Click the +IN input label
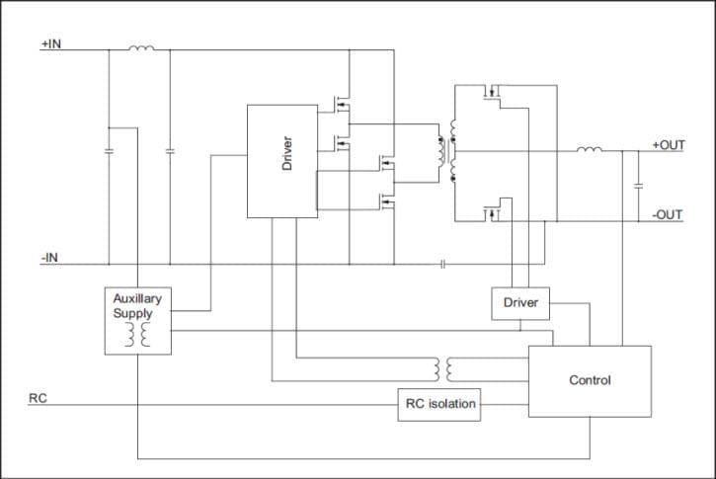(x=51, y=44)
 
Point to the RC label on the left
(x=37, y=399)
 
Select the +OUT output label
(x=668, y=145)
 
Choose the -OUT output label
(x=668, y=214)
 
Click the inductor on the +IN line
(x=141, y=46)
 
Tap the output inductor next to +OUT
(x=590, y=150)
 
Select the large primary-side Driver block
(x=281, y=160)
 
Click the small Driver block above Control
(x=520, y=302)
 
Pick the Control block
(x=590, y=380)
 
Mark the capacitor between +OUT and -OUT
(x=639, y=185)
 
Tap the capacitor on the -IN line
(x=443, y=265)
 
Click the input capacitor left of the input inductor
(x=109, y=151)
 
